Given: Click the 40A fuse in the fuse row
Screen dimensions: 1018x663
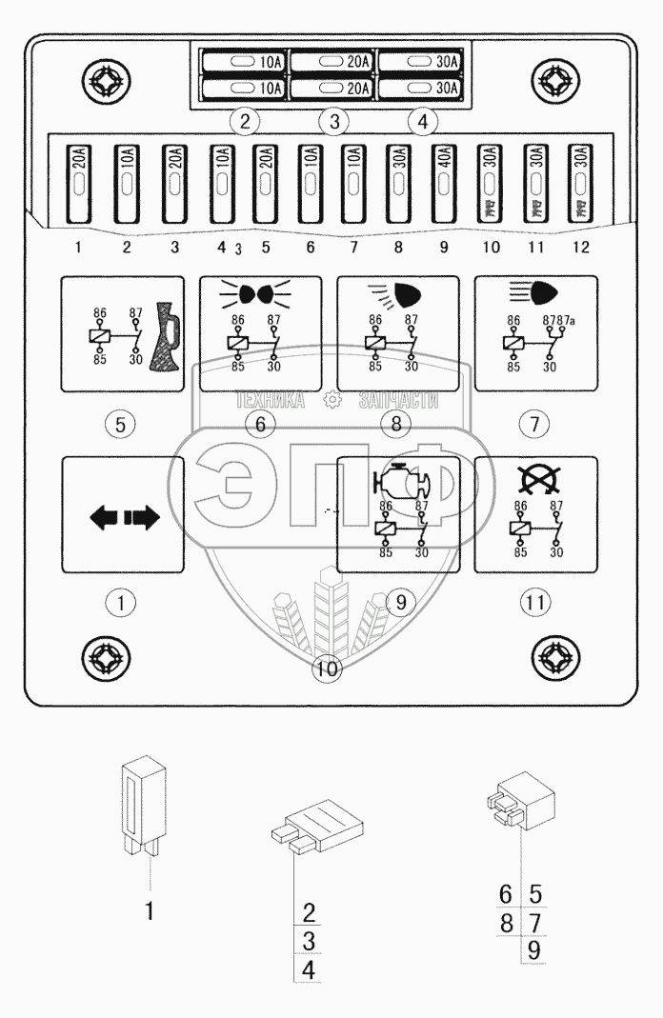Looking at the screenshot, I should pos(442,183).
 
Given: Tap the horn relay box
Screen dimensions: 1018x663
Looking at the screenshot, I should pos(120,333).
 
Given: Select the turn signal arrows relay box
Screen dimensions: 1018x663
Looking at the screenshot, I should pos(120,515).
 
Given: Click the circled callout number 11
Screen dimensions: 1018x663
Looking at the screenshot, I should pos(534,602).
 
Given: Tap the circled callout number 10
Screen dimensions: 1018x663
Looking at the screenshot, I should pos(327,669).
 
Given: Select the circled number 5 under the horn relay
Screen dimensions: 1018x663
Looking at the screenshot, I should pos(120,424).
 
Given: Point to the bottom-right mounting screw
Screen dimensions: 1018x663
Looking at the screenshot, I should pos(555,657).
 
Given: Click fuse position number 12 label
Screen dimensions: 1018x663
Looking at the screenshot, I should pos(580,248).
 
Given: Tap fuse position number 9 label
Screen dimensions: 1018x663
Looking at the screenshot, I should pos(443,248).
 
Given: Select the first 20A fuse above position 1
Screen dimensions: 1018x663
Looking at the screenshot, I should pos(77,183).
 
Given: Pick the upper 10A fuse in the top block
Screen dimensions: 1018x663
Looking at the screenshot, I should pos(245,62).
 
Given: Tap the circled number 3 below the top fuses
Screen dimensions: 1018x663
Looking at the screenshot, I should pos(333,121).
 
